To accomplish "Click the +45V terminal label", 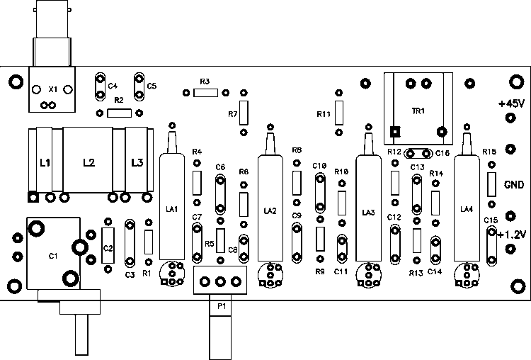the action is pyautogui.click(x=511, y=103).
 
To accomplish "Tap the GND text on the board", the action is pyautogui.click(x=514, y=185).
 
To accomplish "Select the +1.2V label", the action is pyautogui.click(x=512, y=235).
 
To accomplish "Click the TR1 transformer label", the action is pyautogui.click(x=418, y=111).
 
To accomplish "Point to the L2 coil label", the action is pyautogui.click(x=89, y=163).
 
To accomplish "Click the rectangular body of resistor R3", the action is pyautogui.click(x=205, y=93).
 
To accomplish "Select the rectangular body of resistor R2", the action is pyautogui.click(x=119, y=113).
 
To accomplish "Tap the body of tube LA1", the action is pyautogui.click(x=172, y=207).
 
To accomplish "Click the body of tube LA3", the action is pyautogui.click(x=368, y=208).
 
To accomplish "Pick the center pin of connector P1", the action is pyautogui.click(x=220, y=281).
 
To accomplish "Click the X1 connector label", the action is pyautogui.click(x=53, y=89).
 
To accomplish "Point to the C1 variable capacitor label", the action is pyautogui.click(x=53, y=256).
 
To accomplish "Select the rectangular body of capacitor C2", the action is pyautogui.click(x=108, y=245).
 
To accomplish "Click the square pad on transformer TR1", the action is pyautogui.click(x=395, y=132).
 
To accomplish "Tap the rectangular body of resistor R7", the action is pyautogui.click(x=244, y=113).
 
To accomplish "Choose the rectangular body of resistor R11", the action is pyautogui.click(x=339, y=113).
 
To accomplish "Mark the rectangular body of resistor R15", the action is pyautogui.click(x=492, y=184).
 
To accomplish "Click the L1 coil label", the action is pyautogui.click(x=45, y=163).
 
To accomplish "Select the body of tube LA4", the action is pyautogui.click(x=467, y=208).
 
